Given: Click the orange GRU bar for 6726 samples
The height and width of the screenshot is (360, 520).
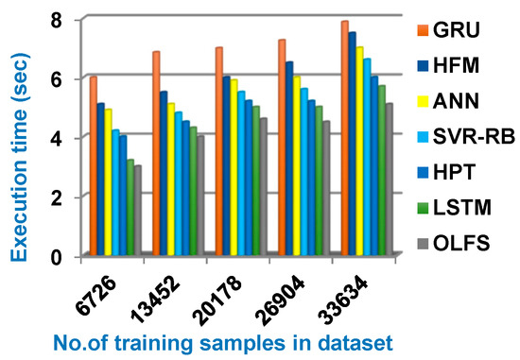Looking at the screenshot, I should (94, 165).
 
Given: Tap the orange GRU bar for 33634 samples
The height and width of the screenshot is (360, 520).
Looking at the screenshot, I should (345, 138).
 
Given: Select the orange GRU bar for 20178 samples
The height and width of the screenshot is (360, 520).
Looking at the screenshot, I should (219, 151).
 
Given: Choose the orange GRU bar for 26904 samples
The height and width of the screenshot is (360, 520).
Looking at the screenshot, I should (282, 147).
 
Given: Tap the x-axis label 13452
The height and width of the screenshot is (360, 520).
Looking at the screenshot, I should (158, 296).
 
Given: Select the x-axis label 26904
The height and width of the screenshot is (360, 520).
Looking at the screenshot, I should (282, 296).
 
